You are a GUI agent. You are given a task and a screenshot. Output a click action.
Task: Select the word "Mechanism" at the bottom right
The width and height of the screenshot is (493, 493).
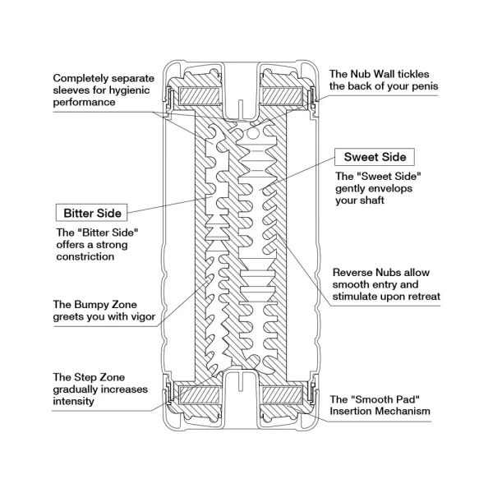click(x=403, y=411)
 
